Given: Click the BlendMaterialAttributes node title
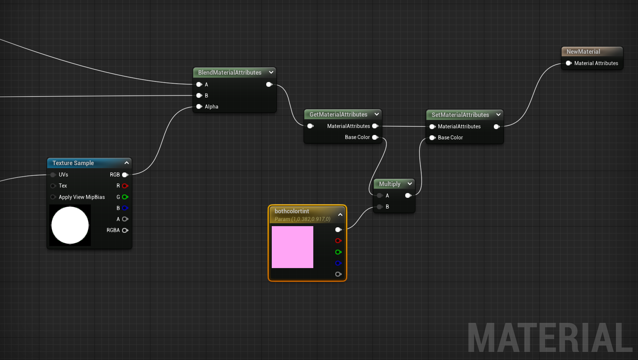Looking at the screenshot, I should click(229, 73).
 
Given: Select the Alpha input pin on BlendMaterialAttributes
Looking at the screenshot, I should click(199, 107).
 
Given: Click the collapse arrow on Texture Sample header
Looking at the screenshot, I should click(126, 163).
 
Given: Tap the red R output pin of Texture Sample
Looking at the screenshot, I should click(125, 186).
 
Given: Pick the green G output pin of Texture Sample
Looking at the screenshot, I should click(125, 197).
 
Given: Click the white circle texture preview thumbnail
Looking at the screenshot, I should click(70, 225).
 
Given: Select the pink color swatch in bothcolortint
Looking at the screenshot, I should click(292, 247).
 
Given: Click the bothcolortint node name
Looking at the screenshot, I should click(292, 211).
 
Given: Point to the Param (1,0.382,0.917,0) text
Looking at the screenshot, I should click(302, 219).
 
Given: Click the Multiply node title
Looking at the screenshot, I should click(389, 184).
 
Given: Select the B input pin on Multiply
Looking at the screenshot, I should click(380, 207).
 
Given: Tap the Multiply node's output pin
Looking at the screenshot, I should click(408, 196).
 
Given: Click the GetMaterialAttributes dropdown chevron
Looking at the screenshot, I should click(377, 114).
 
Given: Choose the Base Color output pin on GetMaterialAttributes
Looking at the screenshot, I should click(375, 137).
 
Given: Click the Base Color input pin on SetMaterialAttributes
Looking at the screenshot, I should click(432, 138).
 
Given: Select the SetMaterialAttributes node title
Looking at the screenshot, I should click(460, 115).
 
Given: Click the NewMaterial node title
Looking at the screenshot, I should click(583, 52).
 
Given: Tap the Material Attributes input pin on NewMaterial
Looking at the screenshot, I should click(569, 63).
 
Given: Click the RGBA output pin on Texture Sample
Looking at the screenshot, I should click(125, 231).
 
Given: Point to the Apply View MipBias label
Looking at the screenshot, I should click(82, 197).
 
